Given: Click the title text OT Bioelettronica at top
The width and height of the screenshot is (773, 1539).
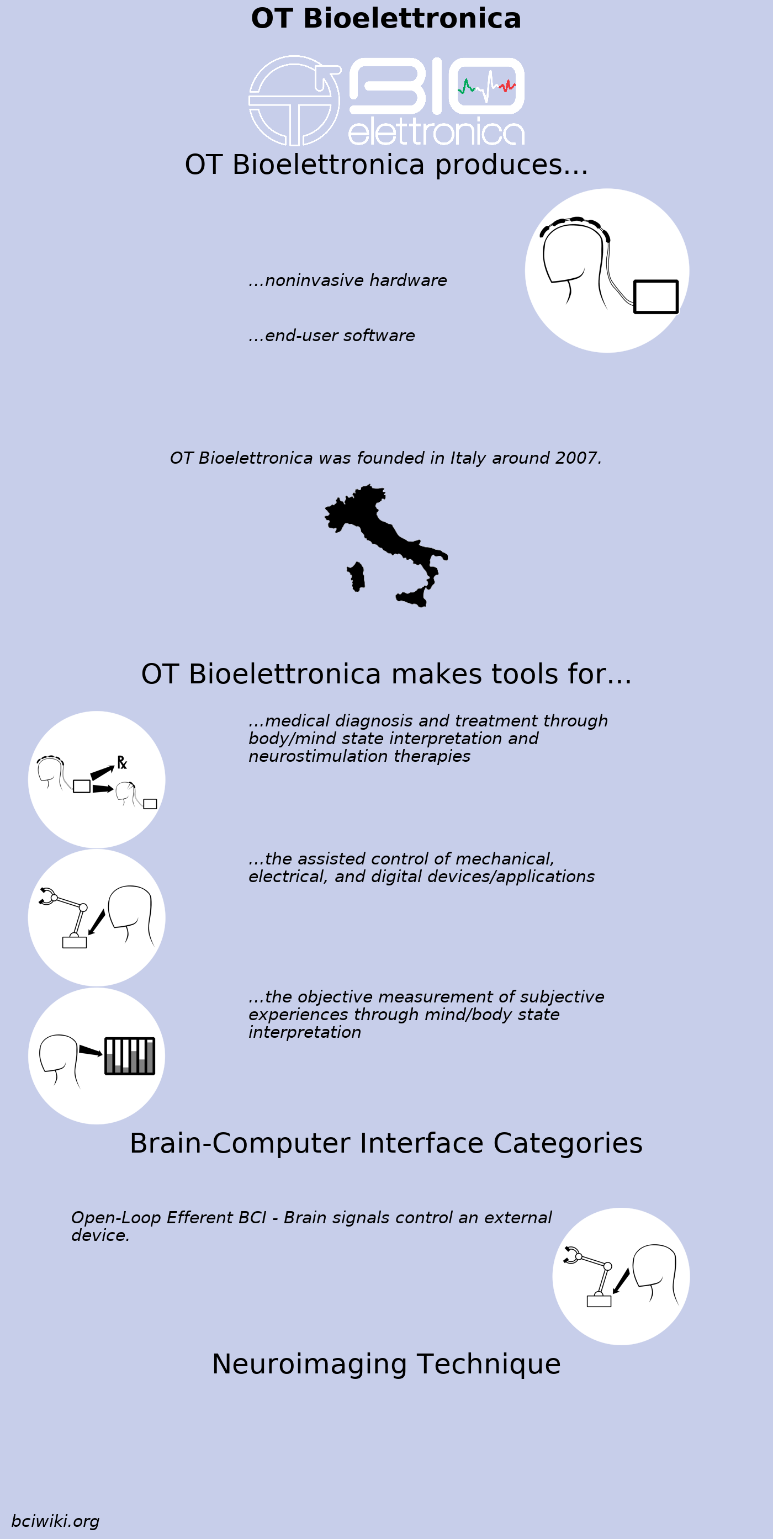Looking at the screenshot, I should coord(386,19).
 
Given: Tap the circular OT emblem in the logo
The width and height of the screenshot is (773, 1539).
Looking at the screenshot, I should coord(294,100).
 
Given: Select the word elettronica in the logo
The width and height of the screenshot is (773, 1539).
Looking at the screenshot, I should coord(436,132).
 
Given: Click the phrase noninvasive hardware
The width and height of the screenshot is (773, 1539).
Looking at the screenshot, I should coord(356,280).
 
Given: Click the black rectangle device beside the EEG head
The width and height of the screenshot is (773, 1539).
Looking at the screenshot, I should coord(655,296).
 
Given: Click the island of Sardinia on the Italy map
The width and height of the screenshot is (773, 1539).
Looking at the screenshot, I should coord(357,576).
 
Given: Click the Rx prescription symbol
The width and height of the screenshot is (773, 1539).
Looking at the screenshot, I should coord(122,763).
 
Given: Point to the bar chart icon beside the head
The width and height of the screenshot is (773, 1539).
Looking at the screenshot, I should coord(130,1057).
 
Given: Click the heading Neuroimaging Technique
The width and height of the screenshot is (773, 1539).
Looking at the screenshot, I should coord(386,1365).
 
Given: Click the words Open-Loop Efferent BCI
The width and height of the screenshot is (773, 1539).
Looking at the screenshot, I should coord(168,1218).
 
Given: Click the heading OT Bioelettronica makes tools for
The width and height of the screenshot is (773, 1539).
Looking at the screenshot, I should coord(386,675).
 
